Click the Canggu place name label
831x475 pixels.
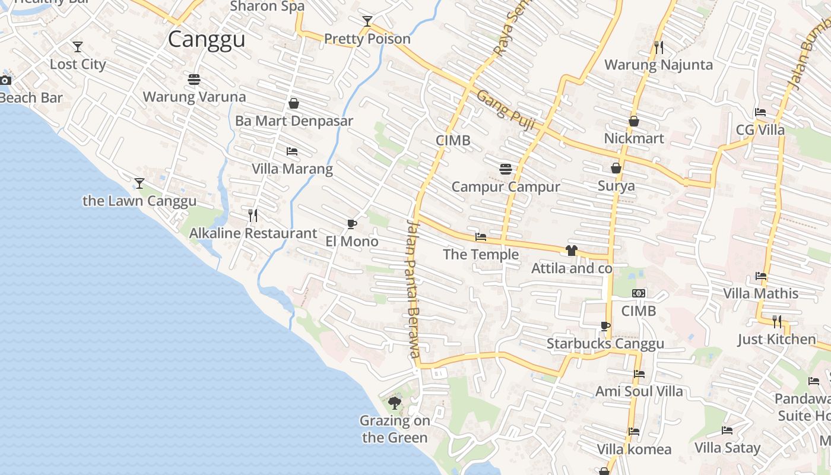206,39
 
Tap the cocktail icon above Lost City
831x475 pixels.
78,46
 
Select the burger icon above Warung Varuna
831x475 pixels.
194,79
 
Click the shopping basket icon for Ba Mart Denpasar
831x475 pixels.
294,103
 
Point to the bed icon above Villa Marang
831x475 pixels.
291,151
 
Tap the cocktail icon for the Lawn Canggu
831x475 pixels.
139,183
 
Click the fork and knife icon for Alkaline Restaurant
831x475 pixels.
253,215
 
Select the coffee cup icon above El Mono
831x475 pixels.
352,224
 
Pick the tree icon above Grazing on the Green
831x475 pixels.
394,404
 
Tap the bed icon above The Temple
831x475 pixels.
481,237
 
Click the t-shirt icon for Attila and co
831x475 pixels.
572,251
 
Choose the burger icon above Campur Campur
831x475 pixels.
506,169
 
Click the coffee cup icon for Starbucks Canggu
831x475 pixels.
605,326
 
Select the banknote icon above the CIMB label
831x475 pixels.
639,293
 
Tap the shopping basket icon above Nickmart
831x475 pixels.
634,121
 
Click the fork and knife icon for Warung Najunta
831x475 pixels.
658,46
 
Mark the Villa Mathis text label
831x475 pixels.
760,293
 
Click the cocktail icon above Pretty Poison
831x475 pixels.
367,21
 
